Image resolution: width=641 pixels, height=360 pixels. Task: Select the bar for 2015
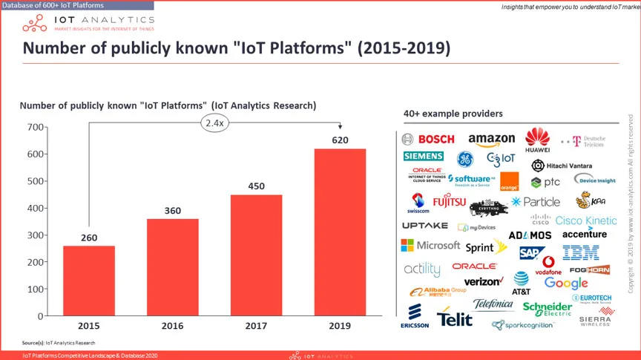pyautogui.click(x=88, y=281)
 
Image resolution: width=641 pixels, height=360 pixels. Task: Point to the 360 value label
pyautogui.click(x=172, y=211)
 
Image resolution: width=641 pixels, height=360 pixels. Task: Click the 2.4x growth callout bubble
pyautogui.click(x=215, y=123)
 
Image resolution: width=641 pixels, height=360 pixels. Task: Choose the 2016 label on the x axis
pyautogui.click(x=172, y=326)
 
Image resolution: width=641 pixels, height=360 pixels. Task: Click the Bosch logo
pyautogui.click(x=428, y=139)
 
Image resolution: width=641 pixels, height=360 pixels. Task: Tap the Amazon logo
pyautogui.click(x=491, y=139)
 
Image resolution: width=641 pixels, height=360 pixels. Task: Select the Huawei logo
pyautogui.click(x=537, y=139)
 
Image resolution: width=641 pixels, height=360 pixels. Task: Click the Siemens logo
pyautogui.click(x=423, y=157)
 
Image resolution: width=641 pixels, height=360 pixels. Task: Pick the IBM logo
pyautogui.click(x=580, y=253)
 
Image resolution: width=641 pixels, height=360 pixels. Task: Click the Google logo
pyautogui.click(x=566, y=283)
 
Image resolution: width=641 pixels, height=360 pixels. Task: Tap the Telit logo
pyautogui.click(x=455, y=318)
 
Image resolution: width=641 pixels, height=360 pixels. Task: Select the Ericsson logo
pyautogui.click(x=414, y=315)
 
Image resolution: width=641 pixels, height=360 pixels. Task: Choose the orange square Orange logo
pyautogui.click(x=509, y=182)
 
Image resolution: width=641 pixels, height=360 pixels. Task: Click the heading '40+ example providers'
pyautogui.click(x=453, y=114)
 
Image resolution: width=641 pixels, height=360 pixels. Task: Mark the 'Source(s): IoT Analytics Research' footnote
pyautogui.click(x=59, y=342)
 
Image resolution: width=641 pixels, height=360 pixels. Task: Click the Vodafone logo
pyautogui.click(x=549, y=266)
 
